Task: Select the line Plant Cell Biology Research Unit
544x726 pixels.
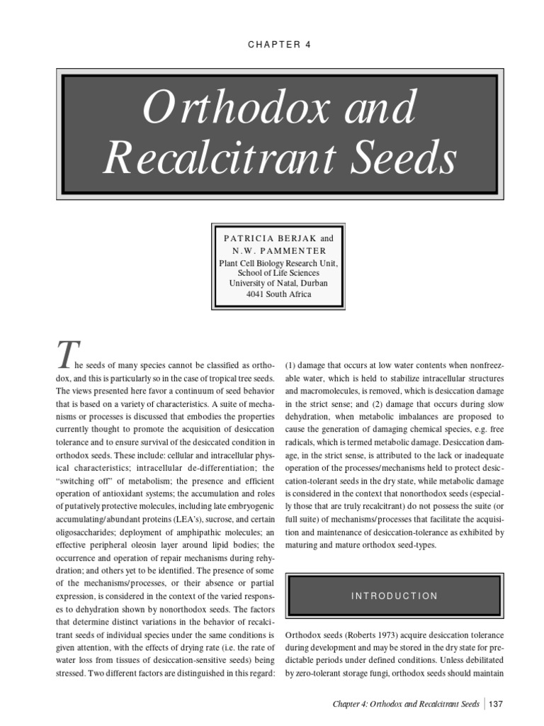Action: (x=271, y=262)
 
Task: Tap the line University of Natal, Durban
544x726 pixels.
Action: (x=271, y=283)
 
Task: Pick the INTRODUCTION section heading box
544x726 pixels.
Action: (x=395, y=596)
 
